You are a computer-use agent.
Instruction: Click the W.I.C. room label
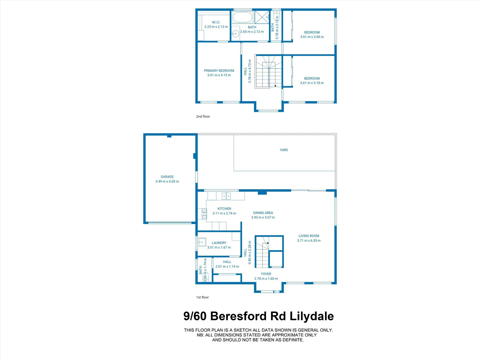pos(216,22)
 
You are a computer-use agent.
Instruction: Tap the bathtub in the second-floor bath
pos(242,17)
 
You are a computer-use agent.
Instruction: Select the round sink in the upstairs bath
pos(235,33)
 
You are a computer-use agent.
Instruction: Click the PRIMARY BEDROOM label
pos(219,71)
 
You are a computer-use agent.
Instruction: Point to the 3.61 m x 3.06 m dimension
pos(312,37)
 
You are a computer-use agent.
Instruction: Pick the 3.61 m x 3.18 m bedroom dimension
pos(312,83)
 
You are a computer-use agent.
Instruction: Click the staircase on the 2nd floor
pos(268,71)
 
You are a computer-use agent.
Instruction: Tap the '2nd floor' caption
pos(203,117)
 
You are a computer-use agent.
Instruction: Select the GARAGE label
pos(167,177)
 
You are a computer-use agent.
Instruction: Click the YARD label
pos(284,150)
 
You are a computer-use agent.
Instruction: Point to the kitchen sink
pos(226,196)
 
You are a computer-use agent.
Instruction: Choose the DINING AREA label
pos(263,213)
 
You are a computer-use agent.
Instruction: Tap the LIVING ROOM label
pos(309,236)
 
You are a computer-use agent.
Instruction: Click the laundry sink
pos(202,242)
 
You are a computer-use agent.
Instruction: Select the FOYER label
pos(266,274)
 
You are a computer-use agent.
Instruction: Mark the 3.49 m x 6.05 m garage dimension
pos(167,182)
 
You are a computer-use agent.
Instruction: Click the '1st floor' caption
pos(202,297)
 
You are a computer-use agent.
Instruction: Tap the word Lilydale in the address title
pos(311,316)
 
